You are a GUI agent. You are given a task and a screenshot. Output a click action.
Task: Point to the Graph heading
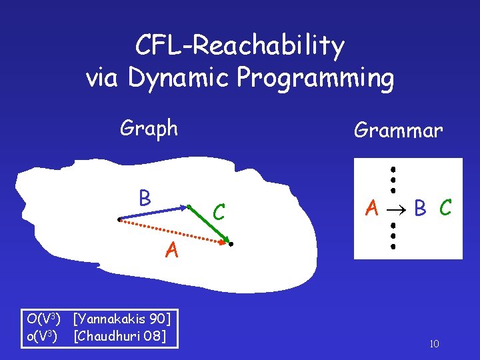coord(149,127)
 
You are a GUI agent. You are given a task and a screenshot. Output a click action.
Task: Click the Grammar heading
coord(398,130)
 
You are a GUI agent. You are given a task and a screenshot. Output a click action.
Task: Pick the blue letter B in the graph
coord(144,198)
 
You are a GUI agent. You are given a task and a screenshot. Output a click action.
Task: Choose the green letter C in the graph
coord(218,213)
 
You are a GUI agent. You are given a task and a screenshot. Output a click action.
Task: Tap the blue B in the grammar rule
coord(420,209)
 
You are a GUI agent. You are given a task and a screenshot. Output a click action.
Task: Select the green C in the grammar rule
coord(445,209)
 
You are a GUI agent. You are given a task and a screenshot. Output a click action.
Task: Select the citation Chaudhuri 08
coord(119,335)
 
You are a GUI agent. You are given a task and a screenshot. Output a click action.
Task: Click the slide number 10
coord(433,344)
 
